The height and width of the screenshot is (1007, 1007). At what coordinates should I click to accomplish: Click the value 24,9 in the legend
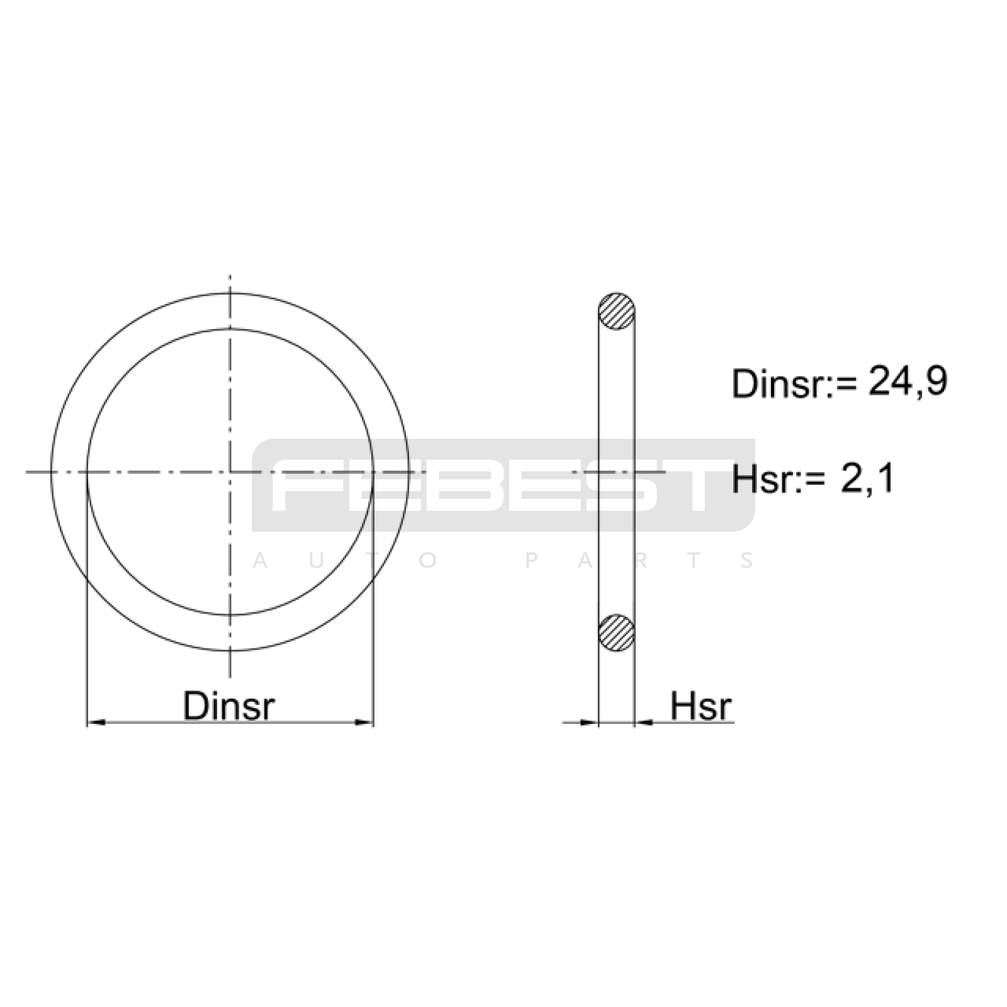pyautogui.click(x=908, y=382)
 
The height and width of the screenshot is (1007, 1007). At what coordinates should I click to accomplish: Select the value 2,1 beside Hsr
pyautogui.click(x=867, y=479)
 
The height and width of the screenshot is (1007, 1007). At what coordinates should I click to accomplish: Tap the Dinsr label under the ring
pyautogui.click(x=229, y=706)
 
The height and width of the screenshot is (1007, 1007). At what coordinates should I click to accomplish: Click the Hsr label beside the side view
pyautogui.click(x=701, y=706)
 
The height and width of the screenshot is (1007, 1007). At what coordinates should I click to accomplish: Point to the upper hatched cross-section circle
pyautogui.click(x=616, y=312)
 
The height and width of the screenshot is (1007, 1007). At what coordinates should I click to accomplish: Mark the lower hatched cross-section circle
pyautogui.click(x=616, y=633)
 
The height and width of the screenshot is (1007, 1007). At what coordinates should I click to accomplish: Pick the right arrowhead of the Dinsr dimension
pyautogui.click(x=364, y=723)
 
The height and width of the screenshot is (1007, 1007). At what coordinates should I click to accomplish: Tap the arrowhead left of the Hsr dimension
pyautogui.click(x=588, y=723)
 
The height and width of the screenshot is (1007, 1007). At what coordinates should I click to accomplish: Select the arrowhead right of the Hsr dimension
pyautogui.click(x=644, y=723)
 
